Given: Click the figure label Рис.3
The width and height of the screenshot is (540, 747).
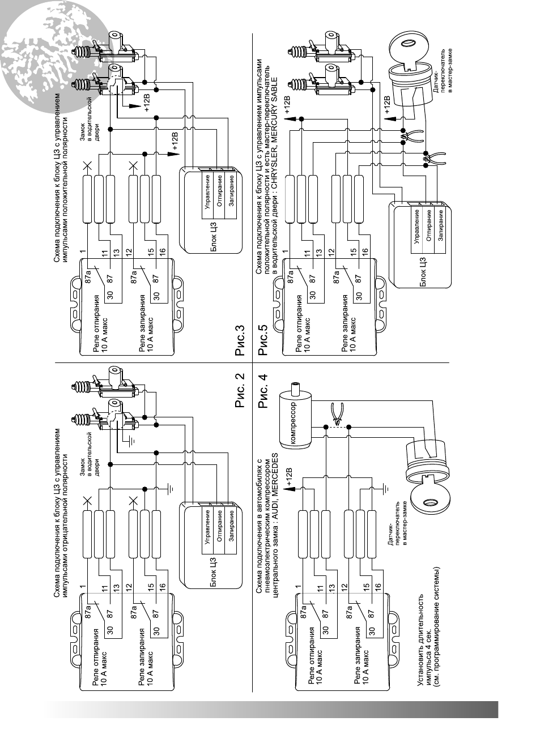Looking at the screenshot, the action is click(240, 340).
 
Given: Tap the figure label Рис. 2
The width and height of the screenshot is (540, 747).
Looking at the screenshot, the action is click(240, 390).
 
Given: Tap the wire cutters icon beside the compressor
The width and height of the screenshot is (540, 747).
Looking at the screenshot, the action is click(337, 415).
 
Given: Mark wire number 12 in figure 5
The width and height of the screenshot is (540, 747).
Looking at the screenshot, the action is click(331, 251).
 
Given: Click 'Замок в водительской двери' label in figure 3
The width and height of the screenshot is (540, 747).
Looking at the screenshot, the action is click(90, 119).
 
